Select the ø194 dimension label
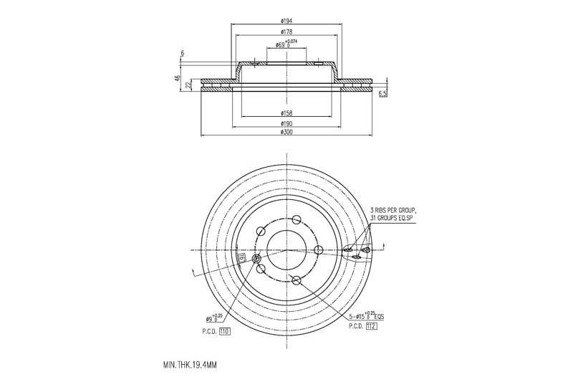[x=286, y=21]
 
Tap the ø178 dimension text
[x=286, y=33]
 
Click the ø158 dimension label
[x=286, y=113]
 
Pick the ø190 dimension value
[x=286, y=123]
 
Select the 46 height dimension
[x=177, y=79]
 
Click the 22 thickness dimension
[x=188, y=85]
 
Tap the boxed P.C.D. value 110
[x=224, y=331]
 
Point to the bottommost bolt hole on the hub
[x=295, y=279]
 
